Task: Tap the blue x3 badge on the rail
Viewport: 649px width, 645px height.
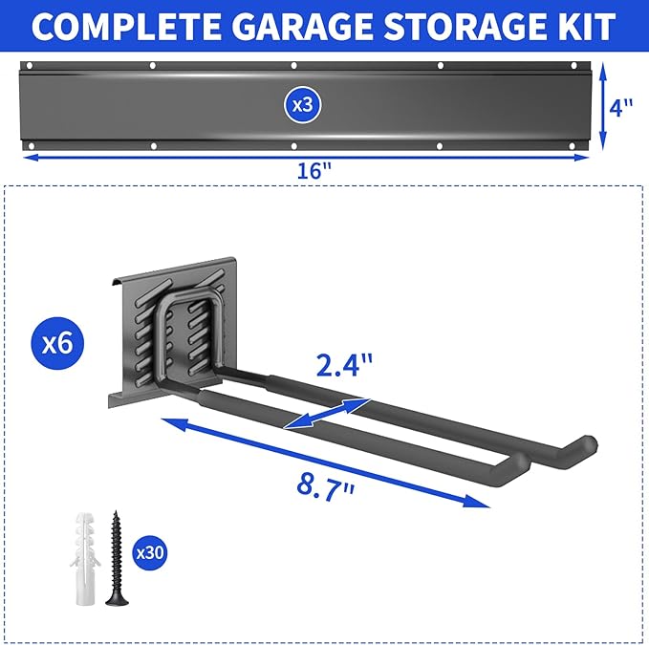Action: point(303,105)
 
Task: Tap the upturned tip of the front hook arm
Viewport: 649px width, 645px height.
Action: point(517,465)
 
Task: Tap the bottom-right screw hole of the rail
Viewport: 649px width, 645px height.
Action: point(576,145)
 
